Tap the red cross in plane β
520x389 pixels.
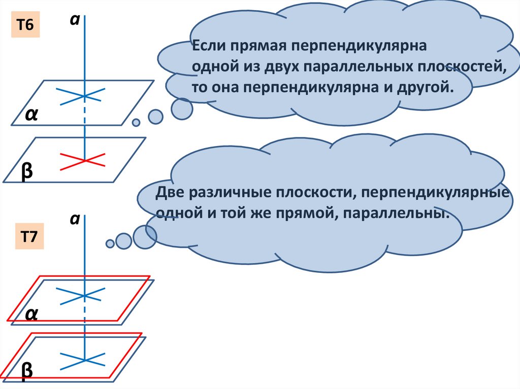(x=83, y=160)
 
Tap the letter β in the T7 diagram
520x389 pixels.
(x=27, y=370)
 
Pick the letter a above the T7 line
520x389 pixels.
(x=74, y=219)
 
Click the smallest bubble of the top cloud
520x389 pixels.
(x=136, y=122)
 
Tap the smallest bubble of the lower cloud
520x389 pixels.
(x=110, y=243)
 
